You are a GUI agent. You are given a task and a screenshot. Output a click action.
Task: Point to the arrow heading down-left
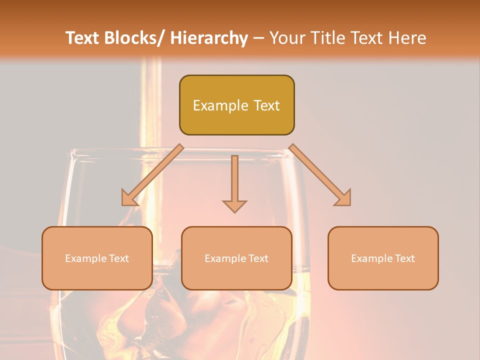point(151,175)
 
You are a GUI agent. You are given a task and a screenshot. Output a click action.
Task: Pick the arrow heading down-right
point(320,175)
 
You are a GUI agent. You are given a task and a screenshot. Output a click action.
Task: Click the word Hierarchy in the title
point(209,38)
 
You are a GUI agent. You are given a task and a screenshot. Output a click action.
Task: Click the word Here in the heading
point(407,38)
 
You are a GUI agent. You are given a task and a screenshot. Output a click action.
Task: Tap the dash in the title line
point(258,38)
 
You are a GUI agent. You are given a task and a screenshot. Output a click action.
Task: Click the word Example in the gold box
point(216,105)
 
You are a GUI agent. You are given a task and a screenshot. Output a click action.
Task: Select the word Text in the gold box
point(266,105)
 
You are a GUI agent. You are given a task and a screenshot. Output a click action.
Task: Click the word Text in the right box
point(404,258)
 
